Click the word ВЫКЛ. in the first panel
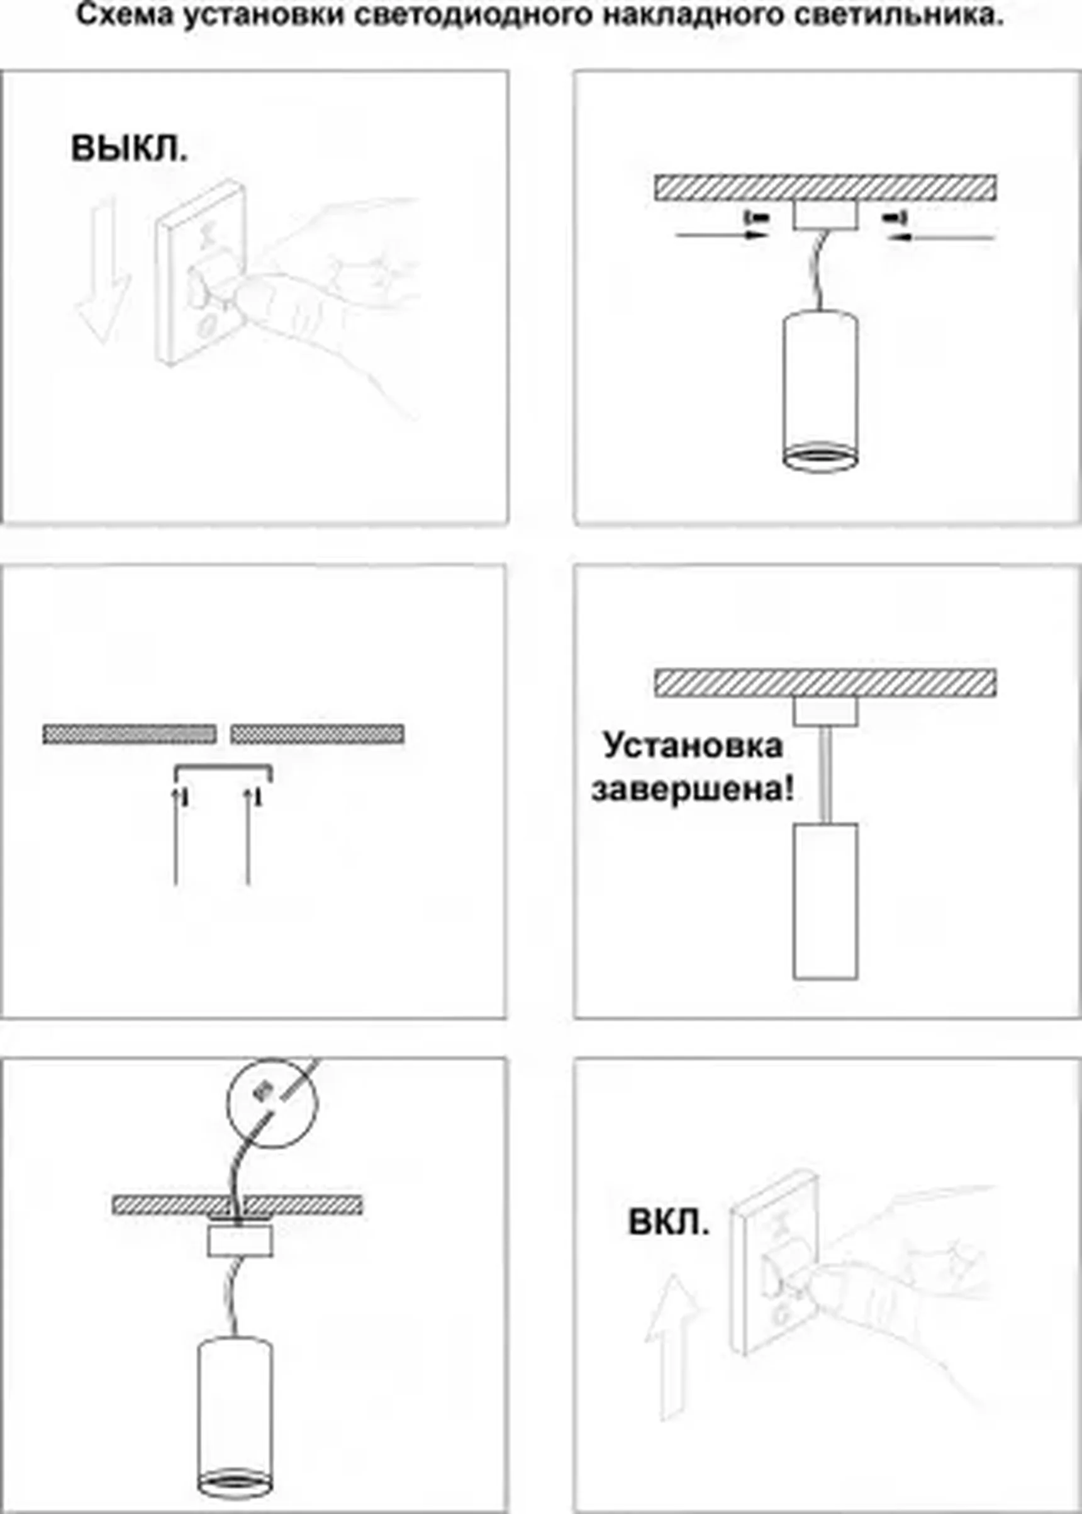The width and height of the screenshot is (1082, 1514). [x=128, y=148]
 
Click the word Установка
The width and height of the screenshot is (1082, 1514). [x=692, y=745]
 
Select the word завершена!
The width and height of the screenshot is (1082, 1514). [x=692, y=791]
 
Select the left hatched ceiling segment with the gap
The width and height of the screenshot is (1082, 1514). [x=129, y=733]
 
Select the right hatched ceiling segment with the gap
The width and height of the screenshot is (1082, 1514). [x=317, y=733]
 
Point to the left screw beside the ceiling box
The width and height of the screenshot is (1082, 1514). [x=757, y=217]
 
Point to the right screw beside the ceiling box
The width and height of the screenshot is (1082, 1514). [x=894, y=217]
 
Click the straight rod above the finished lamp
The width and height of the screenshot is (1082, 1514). [x=825, y=773]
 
